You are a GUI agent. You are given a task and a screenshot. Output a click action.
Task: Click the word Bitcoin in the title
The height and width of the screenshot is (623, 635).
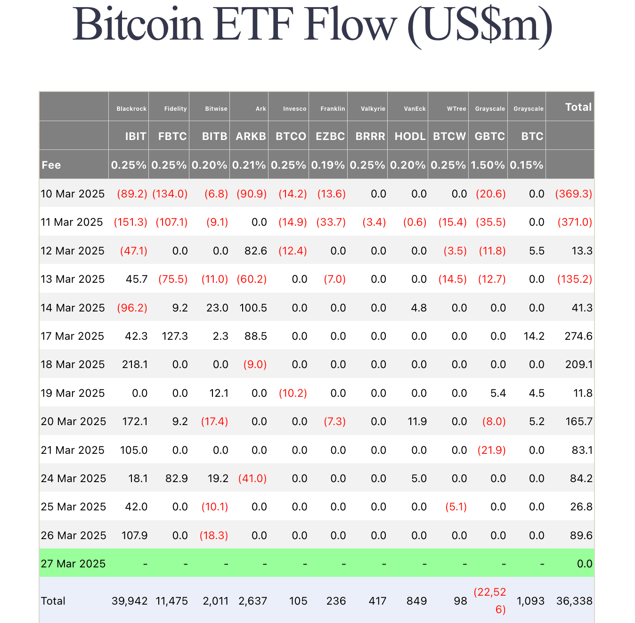coord(138,25)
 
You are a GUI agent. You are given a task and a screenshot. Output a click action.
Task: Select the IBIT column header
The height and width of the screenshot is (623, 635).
coord(136,136)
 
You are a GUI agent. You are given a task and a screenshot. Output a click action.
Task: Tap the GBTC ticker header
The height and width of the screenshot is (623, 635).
coord(489,136)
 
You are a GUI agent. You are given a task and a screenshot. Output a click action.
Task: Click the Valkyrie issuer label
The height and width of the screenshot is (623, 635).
coord(373,109)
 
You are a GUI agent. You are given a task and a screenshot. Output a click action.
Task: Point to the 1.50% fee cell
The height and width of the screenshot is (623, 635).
coord(488,165)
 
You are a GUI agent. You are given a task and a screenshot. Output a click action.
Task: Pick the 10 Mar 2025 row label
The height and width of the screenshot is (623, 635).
coord(73,194)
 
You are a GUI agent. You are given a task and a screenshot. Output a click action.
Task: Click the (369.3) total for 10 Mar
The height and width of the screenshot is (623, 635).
coord(573,194)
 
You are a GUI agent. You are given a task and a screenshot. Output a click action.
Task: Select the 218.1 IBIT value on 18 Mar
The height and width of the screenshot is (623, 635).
coord(135,364)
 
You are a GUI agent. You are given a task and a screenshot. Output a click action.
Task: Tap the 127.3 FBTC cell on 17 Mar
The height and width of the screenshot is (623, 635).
coord(174,336)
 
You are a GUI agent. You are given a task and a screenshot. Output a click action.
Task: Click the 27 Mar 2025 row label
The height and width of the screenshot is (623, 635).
coord(73,564)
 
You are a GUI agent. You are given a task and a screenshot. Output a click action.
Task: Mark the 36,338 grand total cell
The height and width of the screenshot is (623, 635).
coord(574,601)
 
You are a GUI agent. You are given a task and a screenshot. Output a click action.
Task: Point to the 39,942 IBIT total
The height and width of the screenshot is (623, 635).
coord(130,601)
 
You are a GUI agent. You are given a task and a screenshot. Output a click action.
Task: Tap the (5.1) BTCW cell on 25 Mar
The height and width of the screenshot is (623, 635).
coord(456,507)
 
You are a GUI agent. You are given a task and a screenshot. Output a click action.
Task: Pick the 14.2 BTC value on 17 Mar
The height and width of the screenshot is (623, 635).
coord(534,336)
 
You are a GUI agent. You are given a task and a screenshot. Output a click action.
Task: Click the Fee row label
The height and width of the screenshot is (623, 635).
coord(51,165)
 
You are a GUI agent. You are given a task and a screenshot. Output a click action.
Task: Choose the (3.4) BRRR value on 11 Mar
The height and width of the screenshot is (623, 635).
coord(374,222)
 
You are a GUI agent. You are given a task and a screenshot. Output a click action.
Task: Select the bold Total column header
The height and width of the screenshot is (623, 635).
coord(578,107)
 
